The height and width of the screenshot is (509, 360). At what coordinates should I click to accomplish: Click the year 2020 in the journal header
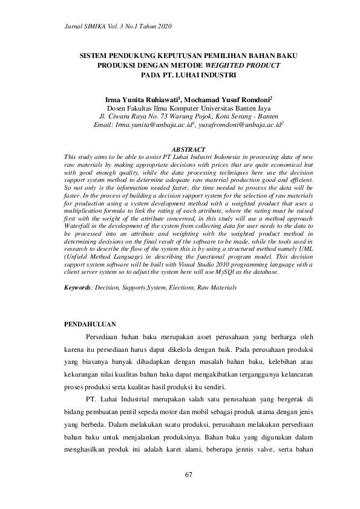point(162,27)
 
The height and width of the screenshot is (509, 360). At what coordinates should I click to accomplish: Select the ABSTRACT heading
point(189,149)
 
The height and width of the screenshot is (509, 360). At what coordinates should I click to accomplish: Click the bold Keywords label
point(77,287)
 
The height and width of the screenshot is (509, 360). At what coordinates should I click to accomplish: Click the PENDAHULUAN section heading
point(90,325)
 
